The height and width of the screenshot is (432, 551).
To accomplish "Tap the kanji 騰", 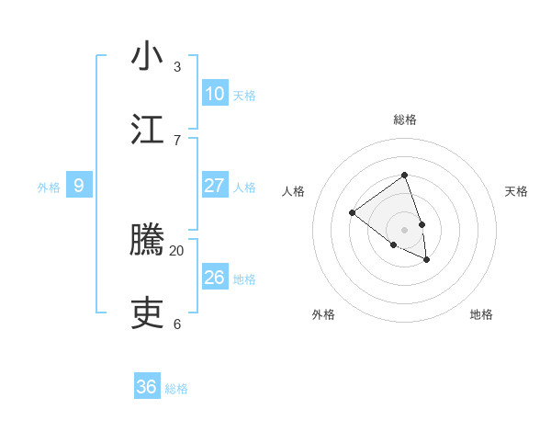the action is pyautogui.click(x=147, y=242).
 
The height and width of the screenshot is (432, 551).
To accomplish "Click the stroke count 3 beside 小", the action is pyautogui.click(x=177, y=67).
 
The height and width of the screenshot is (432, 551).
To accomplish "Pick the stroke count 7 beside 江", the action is pyautogui.click(x=177, y=140).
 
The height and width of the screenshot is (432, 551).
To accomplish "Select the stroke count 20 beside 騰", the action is pyautogui.click(x=177, y=251).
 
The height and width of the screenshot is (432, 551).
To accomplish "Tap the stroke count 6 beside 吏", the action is pyautogui.click(x=177, y=324).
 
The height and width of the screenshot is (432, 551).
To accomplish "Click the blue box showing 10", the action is pyautogui.click(x=214, y=93).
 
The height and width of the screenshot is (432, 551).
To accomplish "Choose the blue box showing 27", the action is pyautogui.click(x=214, y=186).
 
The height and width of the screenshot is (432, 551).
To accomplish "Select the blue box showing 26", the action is pyautogui.click(x=214, y=278).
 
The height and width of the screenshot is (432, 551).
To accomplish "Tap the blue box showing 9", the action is pyautogui.click(x=79, y=186).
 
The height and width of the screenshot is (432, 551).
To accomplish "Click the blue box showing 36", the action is pyautogui.click(x=146, y=387).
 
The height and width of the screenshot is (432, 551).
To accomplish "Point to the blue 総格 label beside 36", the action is pyautogui.click(x=176, y=389).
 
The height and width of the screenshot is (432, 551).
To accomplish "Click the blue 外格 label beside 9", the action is pyautogui.click(x=49, y=188).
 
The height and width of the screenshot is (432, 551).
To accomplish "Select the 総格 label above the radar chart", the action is pyautogui.click(x=404, y=119).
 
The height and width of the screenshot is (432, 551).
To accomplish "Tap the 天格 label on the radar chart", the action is pyautogui.click(x=516, y=191).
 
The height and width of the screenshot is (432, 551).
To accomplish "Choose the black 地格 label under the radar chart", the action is pyautogui.click(x=481, y=314).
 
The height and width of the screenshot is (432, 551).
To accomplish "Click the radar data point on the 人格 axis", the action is pyautogui.click(x=352, y=213).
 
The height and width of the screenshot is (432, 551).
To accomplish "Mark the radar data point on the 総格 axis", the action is pyautogui.click(x=404, y=175).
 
